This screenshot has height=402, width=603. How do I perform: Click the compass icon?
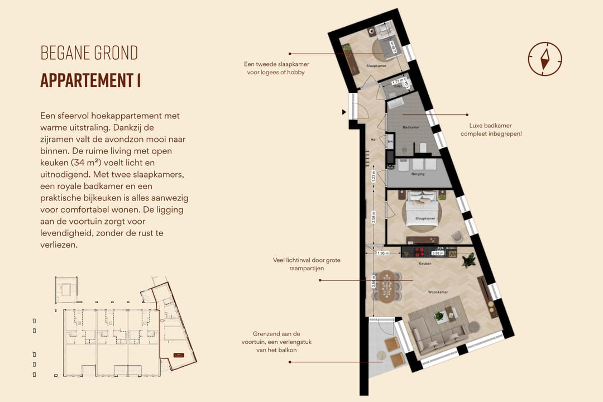(544, 59)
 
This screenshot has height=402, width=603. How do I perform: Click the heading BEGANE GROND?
(89, 53)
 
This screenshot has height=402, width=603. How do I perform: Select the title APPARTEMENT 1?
(90, 80)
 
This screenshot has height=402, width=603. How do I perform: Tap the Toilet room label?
(398, 87)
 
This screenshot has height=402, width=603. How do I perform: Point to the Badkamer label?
(410, 128)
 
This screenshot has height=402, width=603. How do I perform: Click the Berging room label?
(418, 174)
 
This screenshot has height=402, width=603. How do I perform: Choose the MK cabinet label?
(390, 142)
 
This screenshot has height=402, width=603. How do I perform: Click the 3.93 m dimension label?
(438, 253)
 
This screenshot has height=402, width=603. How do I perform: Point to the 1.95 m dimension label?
(382, 253)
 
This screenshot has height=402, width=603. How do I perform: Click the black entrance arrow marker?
(344, 112)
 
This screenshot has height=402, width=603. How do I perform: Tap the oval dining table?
(386, 285)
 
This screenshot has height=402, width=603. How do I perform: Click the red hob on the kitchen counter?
(426, 250)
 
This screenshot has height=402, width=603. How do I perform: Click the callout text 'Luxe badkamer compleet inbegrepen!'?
(491, 130)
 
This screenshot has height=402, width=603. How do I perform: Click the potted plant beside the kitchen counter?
(469, 260)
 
